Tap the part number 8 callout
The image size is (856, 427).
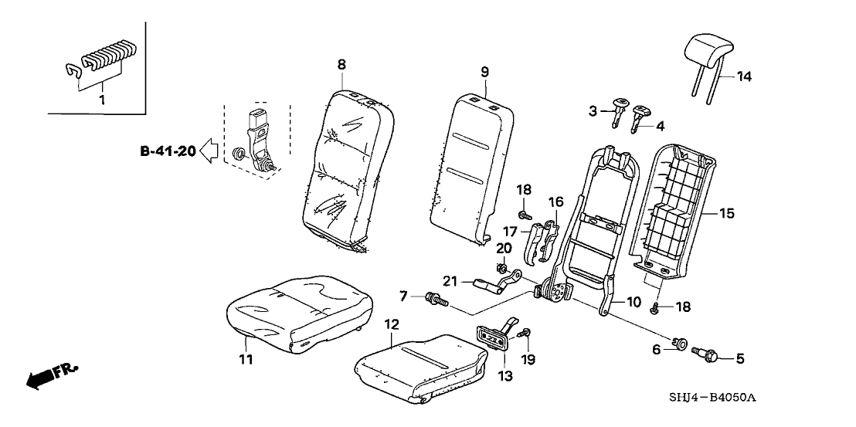click(341, 65)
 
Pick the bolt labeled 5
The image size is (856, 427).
click(706, 356)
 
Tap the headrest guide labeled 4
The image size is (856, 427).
click(640, 116)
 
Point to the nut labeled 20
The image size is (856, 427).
click(500, 269)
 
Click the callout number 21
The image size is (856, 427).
click(450, 280)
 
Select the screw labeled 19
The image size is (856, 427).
click(525, 333)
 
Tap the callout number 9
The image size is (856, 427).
click(484, 72)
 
